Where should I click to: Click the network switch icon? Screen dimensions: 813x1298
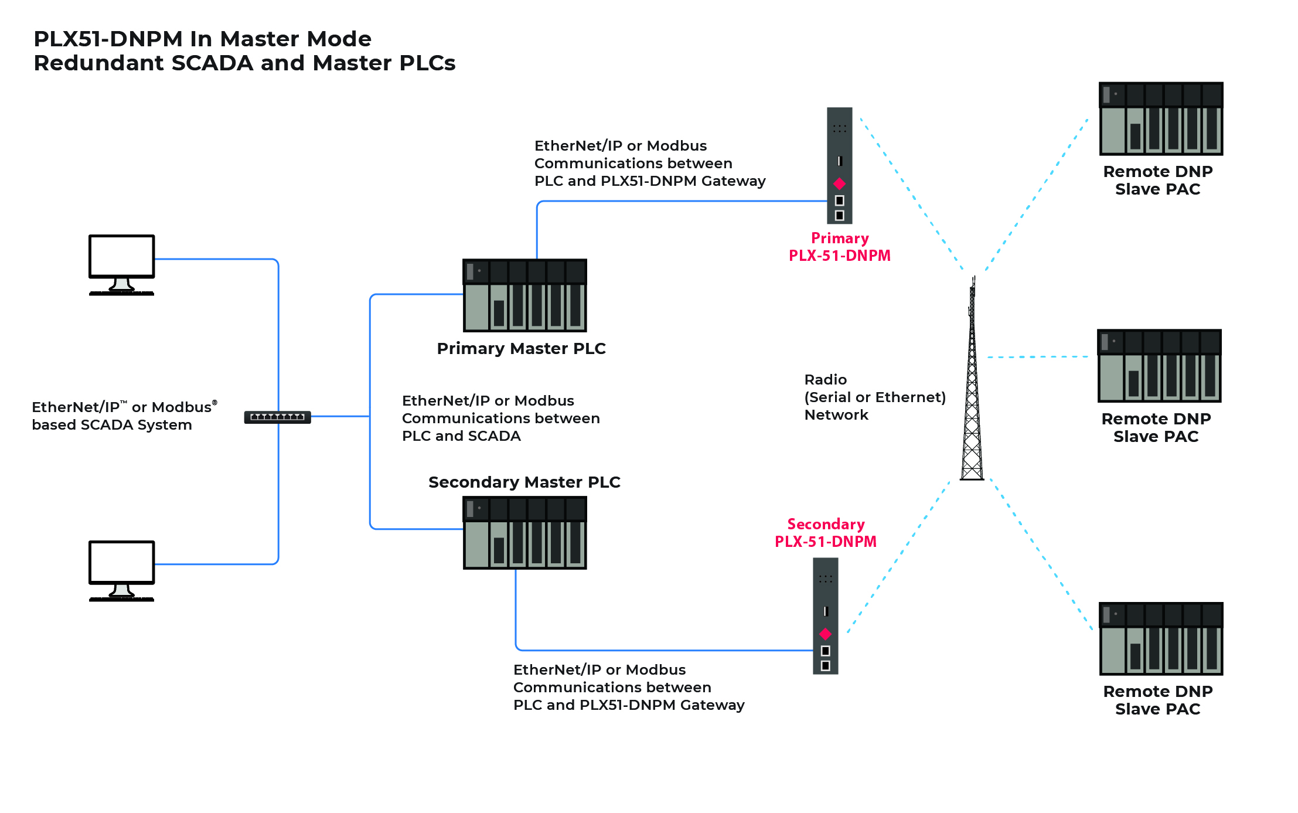277,417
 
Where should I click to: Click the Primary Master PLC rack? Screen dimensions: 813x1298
524,295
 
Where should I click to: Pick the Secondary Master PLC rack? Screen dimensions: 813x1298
524,533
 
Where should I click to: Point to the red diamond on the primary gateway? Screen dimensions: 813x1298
839,183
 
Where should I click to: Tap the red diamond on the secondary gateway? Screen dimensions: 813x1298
825,634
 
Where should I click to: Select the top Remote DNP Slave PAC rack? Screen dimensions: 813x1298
1160,118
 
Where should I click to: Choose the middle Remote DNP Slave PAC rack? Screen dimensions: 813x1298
1159,366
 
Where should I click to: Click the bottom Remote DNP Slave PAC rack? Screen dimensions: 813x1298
1160,638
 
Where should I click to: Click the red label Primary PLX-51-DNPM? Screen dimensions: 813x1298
839,247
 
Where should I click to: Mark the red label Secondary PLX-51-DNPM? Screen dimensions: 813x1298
825,533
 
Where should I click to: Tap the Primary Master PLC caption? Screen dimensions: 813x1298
521,349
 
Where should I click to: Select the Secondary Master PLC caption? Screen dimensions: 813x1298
524,482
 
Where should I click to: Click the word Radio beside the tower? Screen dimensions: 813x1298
825,380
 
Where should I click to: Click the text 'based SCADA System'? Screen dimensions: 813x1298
112,425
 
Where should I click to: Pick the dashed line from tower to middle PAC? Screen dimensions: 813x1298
1037,356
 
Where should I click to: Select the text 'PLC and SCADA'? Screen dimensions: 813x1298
461,436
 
